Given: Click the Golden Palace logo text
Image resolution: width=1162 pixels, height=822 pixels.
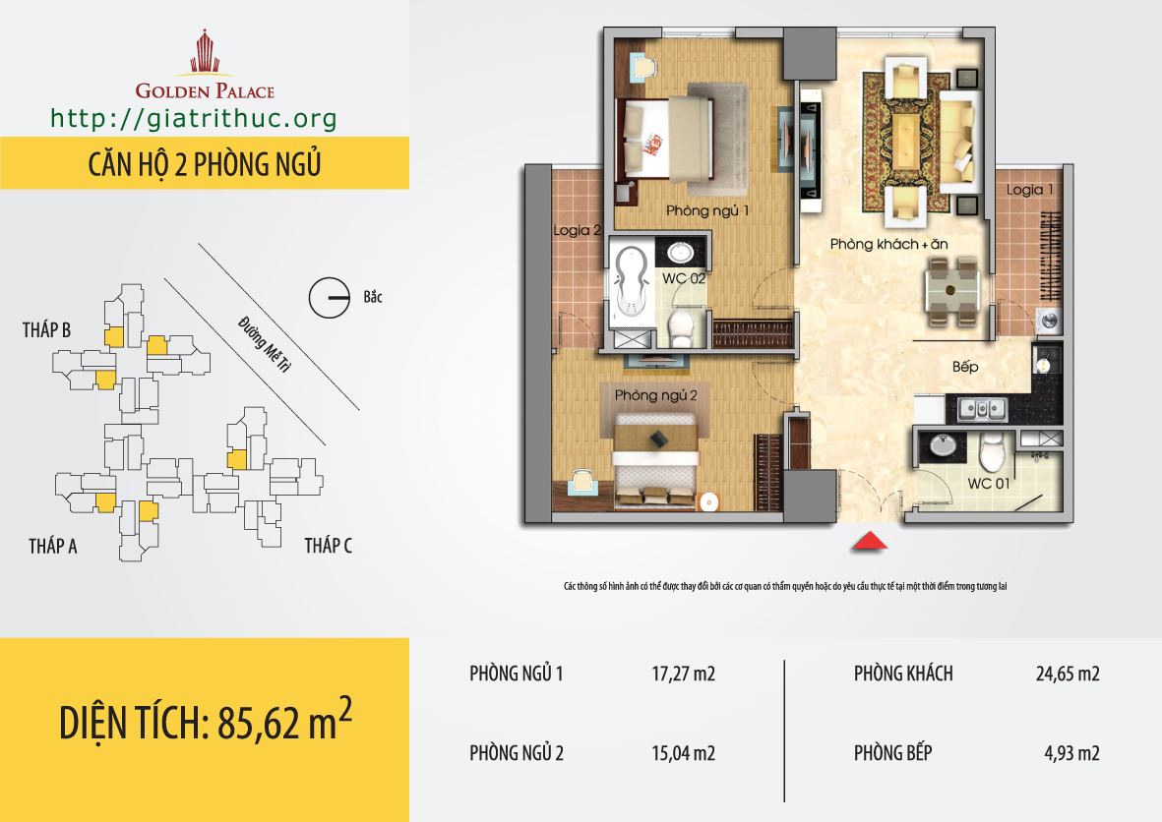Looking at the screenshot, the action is [205, 91].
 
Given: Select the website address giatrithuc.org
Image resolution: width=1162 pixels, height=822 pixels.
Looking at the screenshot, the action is [194, 119].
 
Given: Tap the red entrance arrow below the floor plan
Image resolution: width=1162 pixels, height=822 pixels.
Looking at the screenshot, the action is [869, 542].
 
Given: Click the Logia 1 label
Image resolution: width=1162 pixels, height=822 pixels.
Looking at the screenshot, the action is [1029, 191].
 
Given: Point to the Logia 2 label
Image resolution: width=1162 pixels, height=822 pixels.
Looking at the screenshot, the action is [577, 230].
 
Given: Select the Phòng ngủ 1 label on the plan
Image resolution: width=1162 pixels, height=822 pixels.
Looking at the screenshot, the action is [707, 211].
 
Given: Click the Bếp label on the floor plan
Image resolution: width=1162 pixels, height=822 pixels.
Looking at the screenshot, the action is [965, 367].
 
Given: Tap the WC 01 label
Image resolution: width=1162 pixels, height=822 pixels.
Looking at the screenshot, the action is [989, 484].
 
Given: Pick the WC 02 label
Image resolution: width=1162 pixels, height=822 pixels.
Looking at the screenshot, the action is [683, 278].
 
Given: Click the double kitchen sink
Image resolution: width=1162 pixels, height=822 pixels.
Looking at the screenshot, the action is [982, 408].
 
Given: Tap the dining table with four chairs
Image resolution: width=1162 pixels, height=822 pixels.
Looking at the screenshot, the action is [952, 292].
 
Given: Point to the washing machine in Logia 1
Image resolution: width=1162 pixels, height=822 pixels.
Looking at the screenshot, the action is [1050, 321].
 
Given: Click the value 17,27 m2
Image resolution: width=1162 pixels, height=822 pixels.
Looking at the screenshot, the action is [683, 674].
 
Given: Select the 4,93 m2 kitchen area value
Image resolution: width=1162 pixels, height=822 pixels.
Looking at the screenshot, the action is [1071, 753].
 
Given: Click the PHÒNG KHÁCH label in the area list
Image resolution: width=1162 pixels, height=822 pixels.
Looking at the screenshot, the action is [903, 674].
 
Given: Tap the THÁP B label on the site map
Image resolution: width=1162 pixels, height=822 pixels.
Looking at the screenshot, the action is [46, 329].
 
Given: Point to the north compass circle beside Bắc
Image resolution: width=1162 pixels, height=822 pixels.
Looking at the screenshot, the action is [329, 298].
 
